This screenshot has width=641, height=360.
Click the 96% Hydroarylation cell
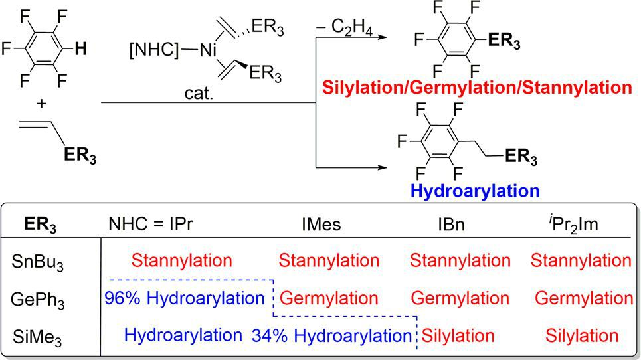(184, 298)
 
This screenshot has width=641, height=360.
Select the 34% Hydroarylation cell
(331, 336)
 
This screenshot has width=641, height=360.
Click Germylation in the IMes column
(329, 298)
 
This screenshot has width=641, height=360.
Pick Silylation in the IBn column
(458, 336)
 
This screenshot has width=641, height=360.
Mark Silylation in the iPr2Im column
(582, 336)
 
